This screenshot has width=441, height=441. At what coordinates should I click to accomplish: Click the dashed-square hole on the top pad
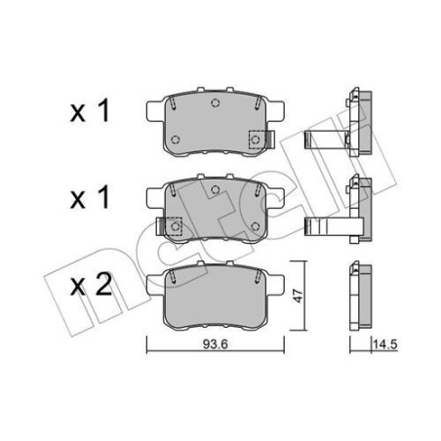tap(256, 140)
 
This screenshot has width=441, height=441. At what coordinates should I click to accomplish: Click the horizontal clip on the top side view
tap(327, 140)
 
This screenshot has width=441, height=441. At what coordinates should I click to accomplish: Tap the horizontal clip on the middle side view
tap(327, 225)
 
